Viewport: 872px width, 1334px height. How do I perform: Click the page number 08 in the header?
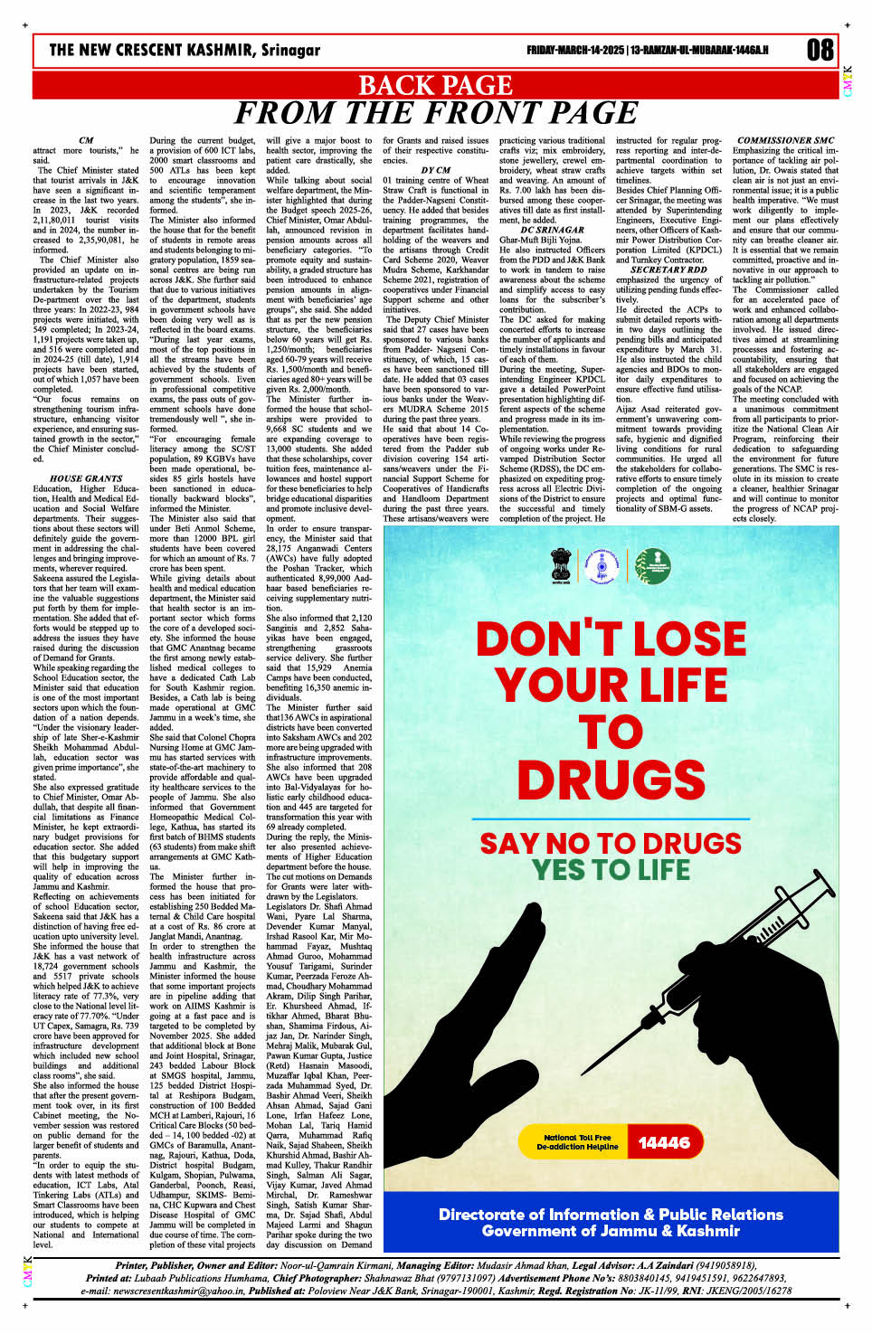(x=820, y=49)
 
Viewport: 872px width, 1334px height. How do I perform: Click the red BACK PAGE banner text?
(x=436, y=85)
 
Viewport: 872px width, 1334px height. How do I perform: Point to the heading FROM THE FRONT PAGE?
(x=436, y=113)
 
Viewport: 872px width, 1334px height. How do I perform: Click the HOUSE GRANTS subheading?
(x=86, y=478)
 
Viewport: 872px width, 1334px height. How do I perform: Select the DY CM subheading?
(x=435, y=170)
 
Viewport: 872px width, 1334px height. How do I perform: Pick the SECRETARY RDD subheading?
(x=668, y=270)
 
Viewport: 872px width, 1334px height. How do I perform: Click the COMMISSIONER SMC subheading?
(x=785, y=140)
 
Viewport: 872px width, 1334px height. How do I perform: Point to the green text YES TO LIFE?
(x=611, y=870)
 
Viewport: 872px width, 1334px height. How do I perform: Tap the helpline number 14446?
(x=663, y=1142)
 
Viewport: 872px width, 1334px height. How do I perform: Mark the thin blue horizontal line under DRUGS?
(x=611, y=818)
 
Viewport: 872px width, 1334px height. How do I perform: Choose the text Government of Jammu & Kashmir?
(x=611, y=1231)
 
